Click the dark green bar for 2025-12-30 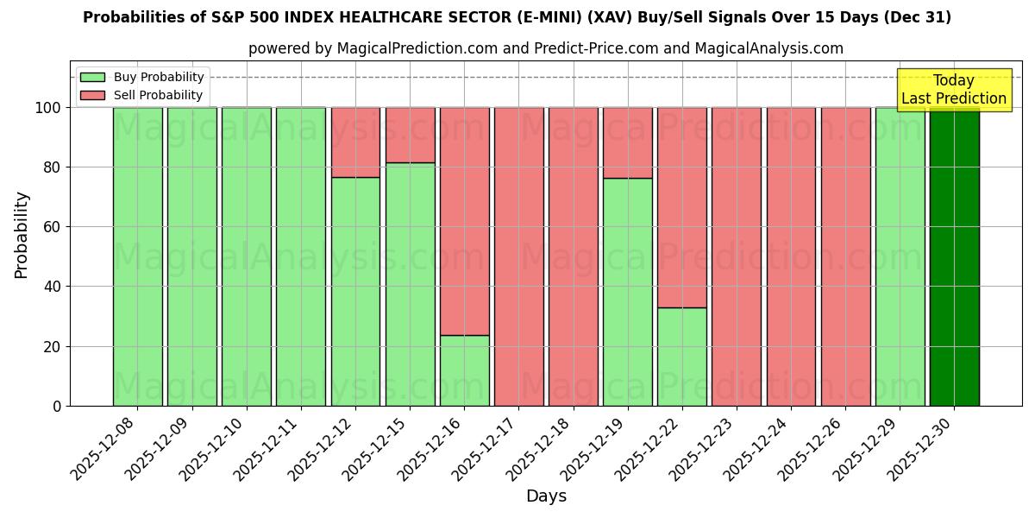(x=954, y=256)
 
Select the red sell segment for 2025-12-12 (x=355, y=142)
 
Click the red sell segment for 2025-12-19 (x=627, y=142)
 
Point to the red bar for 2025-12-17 (x=518, y=256)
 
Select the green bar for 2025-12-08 (x=137, y=256)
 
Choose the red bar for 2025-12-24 (x=791, y=256)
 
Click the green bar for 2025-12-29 (x=900, y=256)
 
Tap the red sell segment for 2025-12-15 (x=410, y=135)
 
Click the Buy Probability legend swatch (x=93, y=78)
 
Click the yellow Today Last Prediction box (x=953, y=90)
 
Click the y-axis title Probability (x=22, y=235)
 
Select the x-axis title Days (x=546, y=496)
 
